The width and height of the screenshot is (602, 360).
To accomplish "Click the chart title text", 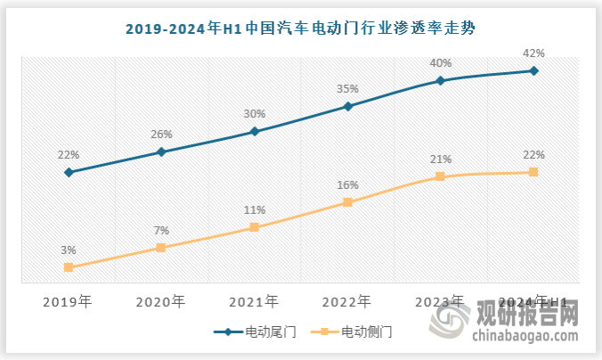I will click(300, 29).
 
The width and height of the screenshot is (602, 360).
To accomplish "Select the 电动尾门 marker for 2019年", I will click(69, 172).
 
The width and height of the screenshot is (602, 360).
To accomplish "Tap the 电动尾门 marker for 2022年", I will click(348, 107).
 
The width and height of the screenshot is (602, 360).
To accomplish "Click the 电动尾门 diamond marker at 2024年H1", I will click(533, 70).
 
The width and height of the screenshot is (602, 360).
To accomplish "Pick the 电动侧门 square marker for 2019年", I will click(69, 267).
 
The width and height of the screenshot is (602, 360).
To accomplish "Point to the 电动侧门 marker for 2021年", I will click(255, 227).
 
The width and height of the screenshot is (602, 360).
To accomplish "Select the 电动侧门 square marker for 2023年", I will click(441, 176).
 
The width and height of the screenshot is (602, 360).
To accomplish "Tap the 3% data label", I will click(69, 250).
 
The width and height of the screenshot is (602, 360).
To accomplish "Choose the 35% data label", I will click(348, 89).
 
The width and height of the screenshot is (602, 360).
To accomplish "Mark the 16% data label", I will click(348, 185).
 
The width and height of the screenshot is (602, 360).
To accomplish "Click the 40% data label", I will click(441, 63).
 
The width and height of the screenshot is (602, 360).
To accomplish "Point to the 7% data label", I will click(161, 230).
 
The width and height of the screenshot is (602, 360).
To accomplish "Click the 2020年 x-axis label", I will click(161, 301).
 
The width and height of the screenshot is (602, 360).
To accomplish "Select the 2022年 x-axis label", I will click(348, 301).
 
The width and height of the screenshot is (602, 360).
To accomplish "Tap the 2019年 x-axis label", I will click(69, 301).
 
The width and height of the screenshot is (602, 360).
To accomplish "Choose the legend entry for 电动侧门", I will click(354, 331).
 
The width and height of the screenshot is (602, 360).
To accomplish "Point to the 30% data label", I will click(255, 114).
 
